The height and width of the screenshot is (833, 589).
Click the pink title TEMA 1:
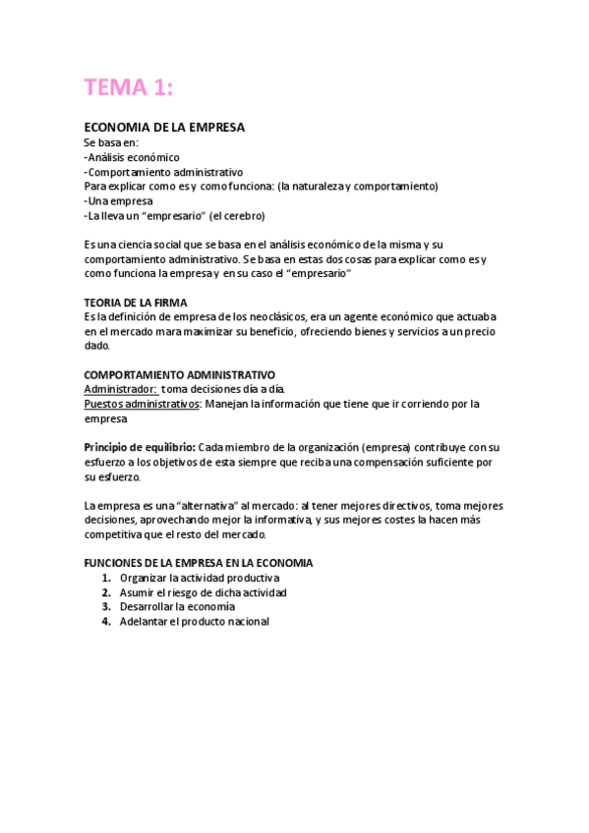pyautogui.click(x=129, y=87)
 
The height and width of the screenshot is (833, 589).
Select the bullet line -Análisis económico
pyautogui.click(x=132, y=157)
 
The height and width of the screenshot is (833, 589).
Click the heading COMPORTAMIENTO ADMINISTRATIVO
pyautogui.click(x=179, y=375)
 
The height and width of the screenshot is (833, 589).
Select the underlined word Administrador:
pyautogui.click(x=120, y=389)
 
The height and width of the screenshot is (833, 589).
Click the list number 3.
pyautogui.click(x=105, y=607)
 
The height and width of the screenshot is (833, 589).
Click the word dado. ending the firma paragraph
pyautogui.click(x=97, y=346)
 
